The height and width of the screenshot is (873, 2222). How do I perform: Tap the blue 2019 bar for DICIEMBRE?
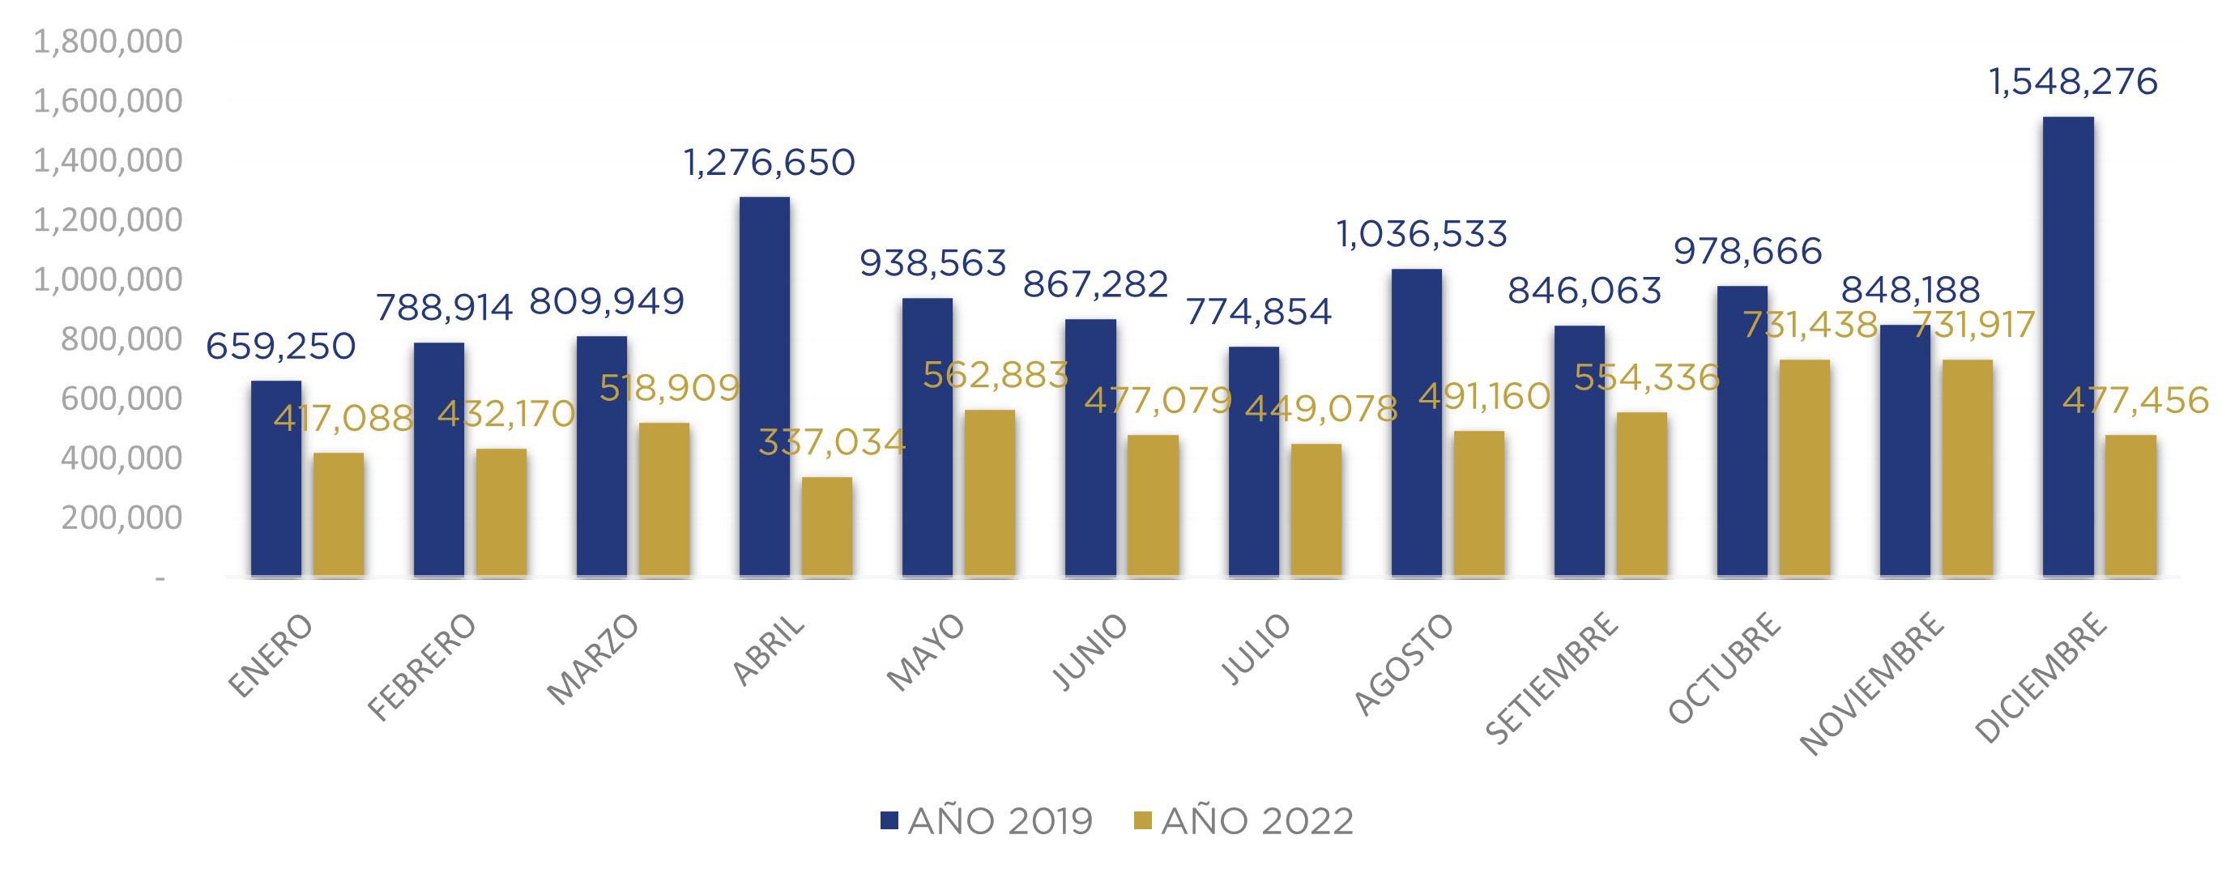click(2067, 346)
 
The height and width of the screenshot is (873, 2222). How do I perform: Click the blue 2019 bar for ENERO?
click(276, 478)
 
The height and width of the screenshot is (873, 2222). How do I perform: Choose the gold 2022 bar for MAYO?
click(989, 492)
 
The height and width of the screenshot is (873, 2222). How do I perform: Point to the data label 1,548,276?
click(2072, 83)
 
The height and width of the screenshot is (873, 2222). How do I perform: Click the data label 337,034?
click(831, 442)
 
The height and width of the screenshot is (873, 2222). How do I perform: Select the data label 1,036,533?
click(1422, 235)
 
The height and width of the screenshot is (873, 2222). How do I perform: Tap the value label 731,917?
click(1973, 326)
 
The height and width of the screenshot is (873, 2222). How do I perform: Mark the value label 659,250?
click(280, 347)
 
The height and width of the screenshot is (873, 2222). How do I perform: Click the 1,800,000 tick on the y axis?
click(108, 41)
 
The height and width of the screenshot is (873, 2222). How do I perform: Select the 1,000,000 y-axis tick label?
click(108, 279)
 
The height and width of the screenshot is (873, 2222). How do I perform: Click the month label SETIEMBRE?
click(1552, 678)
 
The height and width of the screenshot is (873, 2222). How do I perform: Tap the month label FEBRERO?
click(422, 665)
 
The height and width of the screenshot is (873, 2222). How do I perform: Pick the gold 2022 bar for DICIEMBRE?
click(2130, 505)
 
